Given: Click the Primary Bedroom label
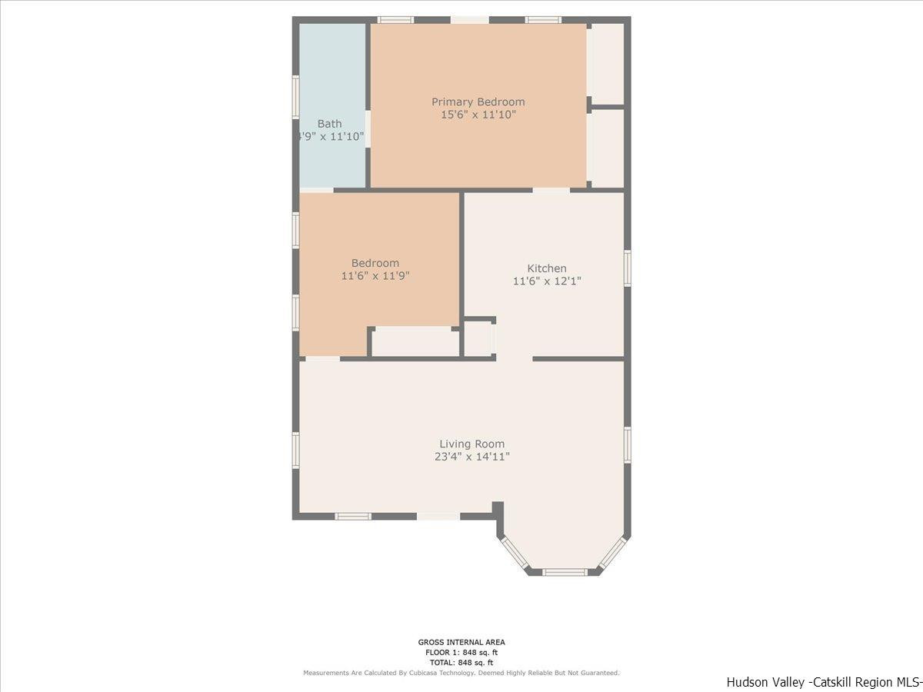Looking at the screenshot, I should click(x=478, y=101).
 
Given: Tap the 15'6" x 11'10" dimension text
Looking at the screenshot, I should click(x=478, y=115).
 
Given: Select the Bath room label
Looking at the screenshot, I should click(x=329, y=123).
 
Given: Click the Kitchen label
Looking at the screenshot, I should click(x=546, y=268).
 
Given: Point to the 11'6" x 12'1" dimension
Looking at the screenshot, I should click(x=546, y=281).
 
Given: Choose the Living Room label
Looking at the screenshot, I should click(x=471, y=444).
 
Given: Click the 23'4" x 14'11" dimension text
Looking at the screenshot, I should click(x=471, y=457).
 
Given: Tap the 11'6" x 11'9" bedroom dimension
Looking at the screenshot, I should click(x=375, y=276).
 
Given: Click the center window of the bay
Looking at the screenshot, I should click(x=565, y=571).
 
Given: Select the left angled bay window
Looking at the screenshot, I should click(x=514, y=553).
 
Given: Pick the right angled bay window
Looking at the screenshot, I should click(x=613, y=553).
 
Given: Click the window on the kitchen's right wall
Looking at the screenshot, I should click(x=628, y=268).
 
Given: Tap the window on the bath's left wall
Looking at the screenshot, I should click(x=295, y=96).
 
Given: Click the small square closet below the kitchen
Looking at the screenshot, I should click(x=478, y=339).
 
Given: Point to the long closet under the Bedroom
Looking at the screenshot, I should click(x=415, y=342).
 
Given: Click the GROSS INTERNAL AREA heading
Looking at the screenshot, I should click(x=461, y=642).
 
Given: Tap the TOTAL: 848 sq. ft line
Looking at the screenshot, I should click(x=461, y=662).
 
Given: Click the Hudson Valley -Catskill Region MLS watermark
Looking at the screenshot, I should click(x=823, y=682).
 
